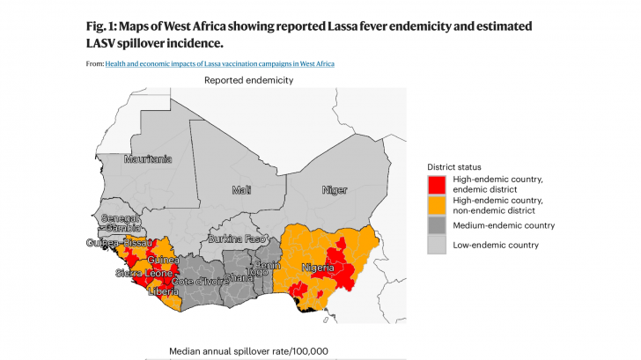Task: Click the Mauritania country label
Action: click(148, 159)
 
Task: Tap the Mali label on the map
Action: click(241, 190)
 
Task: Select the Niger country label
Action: click(335, 190)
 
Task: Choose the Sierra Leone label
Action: click(144, 274)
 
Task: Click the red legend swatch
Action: click(436, 185)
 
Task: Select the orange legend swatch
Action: click(436, 205)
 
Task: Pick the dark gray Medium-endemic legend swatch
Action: click(436, 226)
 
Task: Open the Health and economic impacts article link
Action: click(219, 63)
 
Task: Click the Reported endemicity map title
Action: click(248, 80)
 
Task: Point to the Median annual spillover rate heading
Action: click(248, 351)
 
